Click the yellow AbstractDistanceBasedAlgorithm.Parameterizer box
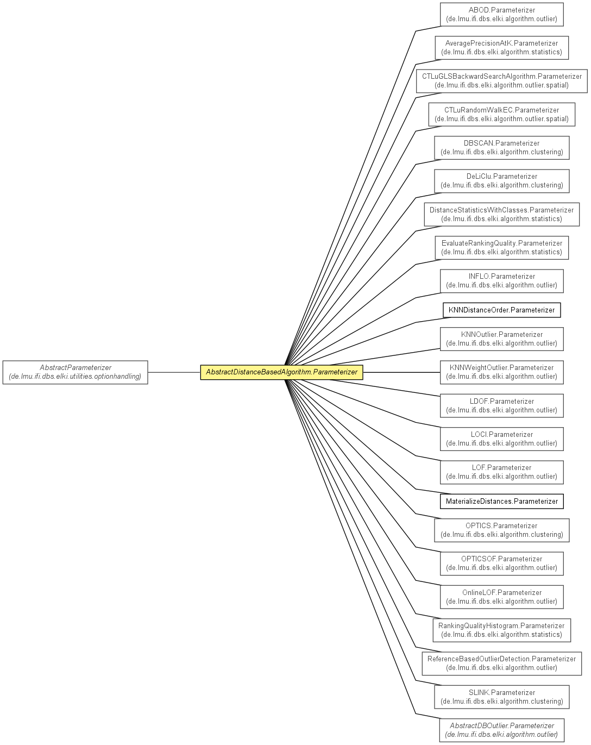[x=281, y=372]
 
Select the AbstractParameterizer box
[x=75, y=372]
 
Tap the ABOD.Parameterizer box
[x=501, y=15]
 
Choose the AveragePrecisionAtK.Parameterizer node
[x=501, y=48]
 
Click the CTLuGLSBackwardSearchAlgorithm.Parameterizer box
[x=501, y=81]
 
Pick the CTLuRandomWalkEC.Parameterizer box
[x=501, y=114]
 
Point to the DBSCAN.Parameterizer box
[x=501, y=148]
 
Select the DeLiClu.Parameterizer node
[x=501, y=181]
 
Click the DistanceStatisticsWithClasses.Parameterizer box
[x=501, y=214]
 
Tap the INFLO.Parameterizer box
[x=501, y=281]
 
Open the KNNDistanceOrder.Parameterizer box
[x=501, y=310]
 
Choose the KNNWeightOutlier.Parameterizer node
[x=501, y=372]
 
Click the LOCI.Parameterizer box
[x=501, y=439]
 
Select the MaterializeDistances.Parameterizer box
[x=501, y=501]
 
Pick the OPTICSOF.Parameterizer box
[x=501, y=564]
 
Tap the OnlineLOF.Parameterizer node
[x=501, y=597]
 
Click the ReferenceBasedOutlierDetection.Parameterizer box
[x=501, y=663]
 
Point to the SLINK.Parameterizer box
[x=501, y=697]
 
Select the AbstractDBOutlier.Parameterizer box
[x=501, y=730]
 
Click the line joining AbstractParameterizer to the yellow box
[x=174, y=373]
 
